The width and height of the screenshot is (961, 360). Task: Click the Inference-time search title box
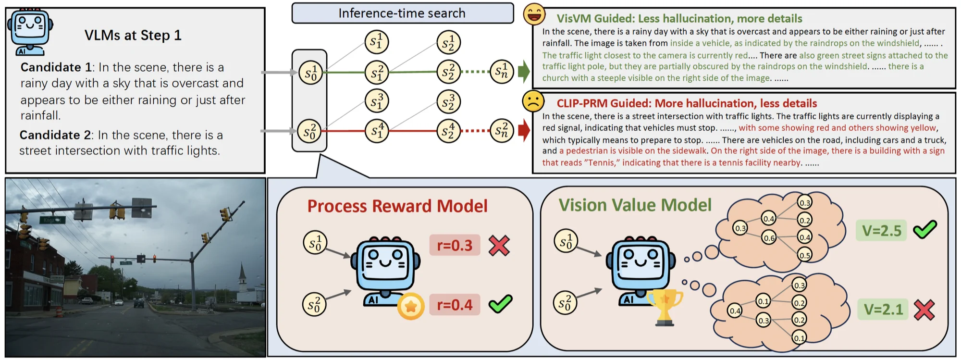(x=403, y=13)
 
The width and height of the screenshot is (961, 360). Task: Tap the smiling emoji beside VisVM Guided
(x=534, y=14)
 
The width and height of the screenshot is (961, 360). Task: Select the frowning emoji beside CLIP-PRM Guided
(x=533, y=101)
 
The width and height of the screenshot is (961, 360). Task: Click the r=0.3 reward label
(x=455, y=245)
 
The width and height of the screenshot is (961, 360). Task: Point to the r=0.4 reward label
(x=455, y=305)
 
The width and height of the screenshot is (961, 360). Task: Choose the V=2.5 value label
(x=881, y=231)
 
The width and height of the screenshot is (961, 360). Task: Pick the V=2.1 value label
(x=883, y=309)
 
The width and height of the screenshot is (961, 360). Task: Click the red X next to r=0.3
(x=499, y=245)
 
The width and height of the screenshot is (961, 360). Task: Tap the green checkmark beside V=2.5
(x=925, y=229)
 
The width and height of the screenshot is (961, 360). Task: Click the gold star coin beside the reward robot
(x=411, y=306)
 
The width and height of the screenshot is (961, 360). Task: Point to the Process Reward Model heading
(x=397, y=206)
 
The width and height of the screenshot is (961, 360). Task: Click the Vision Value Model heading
(x=635, y=205)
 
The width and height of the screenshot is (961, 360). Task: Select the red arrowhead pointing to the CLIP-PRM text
(x=524, y=131)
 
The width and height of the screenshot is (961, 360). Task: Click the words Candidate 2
(x=55, y=135)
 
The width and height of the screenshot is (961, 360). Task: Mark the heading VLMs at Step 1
(x=133, y=35)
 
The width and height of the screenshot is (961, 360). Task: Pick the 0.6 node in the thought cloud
(x=769, y=238)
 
